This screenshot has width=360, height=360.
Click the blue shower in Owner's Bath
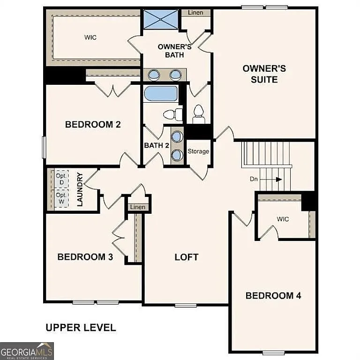161,19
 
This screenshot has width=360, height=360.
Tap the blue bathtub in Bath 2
161,93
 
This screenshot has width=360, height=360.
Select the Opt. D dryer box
61,179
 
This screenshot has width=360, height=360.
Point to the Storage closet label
198,151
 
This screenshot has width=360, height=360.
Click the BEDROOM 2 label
93,124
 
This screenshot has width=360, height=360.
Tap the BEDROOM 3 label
85,257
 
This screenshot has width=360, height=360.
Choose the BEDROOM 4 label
273,295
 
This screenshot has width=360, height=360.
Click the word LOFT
186,257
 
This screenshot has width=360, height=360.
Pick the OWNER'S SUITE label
264,74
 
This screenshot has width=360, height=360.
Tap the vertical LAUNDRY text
80,189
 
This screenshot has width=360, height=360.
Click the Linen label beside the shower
195,13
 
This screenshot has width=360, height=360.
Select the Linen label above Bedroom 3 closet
138,207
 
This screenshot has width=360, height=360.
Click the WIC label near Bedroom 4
283,219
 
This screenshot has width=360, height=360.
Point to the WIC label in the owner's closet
90,37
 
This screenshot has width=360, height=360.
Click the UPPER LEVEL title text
81,327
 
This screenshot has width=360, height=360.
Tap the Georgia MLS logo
27,351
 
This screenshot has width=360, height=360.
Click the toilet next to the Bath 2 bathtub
172,114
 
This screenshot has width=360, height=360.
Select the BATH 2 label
157,145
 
